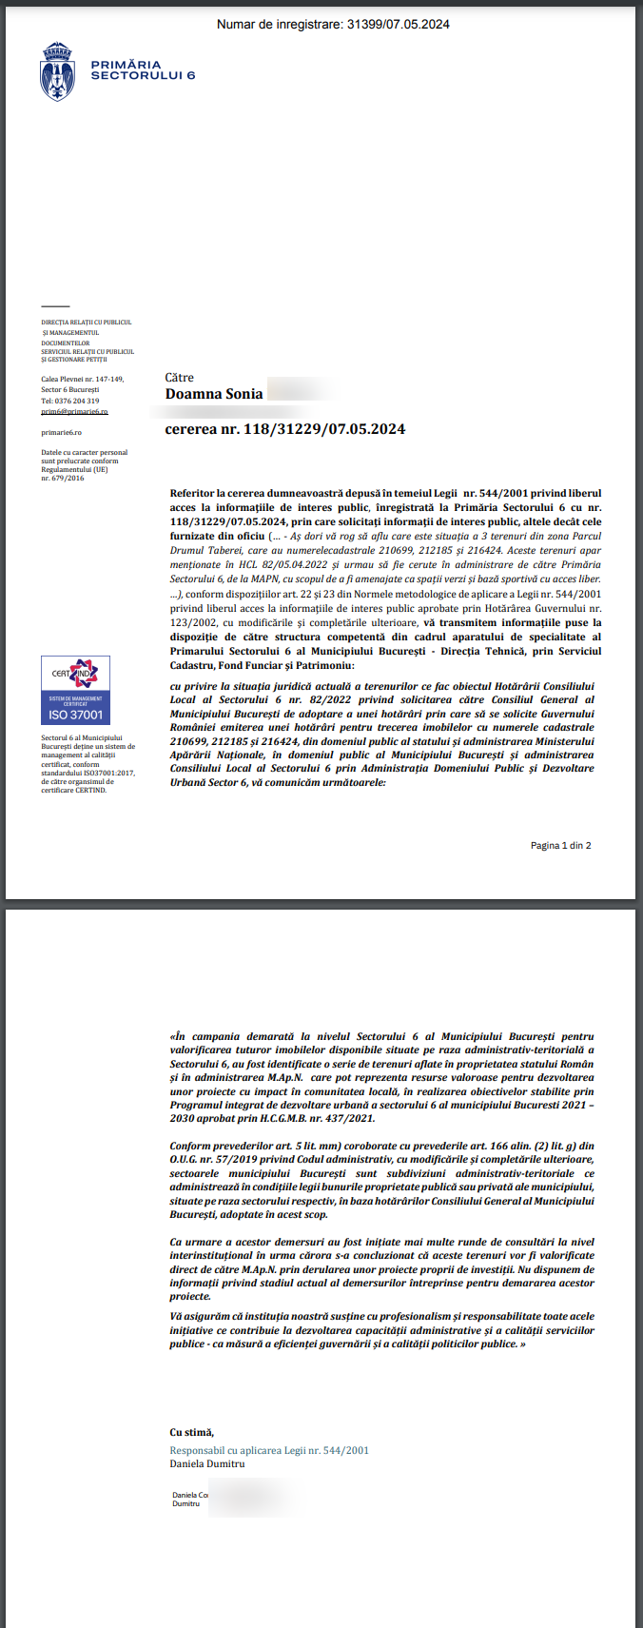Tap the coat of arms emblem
point(57,71)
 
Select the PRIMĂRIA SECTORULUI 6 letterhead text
point(143,70)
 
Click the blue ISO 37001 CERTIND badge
point(75,690)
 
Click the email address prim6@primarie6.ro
point(74,412)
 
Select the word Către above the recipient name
point(179,378)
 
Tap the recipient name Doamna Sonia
point(214,394)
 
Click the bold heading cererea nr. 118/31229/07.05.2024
point(285,429)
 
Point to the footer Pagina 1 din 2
point(560,845)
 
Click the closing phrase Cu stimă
point(191,1432)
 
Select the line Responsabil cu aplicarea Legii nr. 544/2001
point(269,1450)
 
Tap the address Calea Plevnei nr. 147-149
point(82,379)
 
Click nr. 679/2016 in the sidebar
point(62,478)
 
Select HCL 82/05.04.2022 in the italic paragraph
point(275,564)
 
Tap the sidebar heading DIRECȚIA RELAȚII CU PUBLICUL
point(86,323)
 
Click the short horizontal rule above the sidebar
point(55,306)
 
